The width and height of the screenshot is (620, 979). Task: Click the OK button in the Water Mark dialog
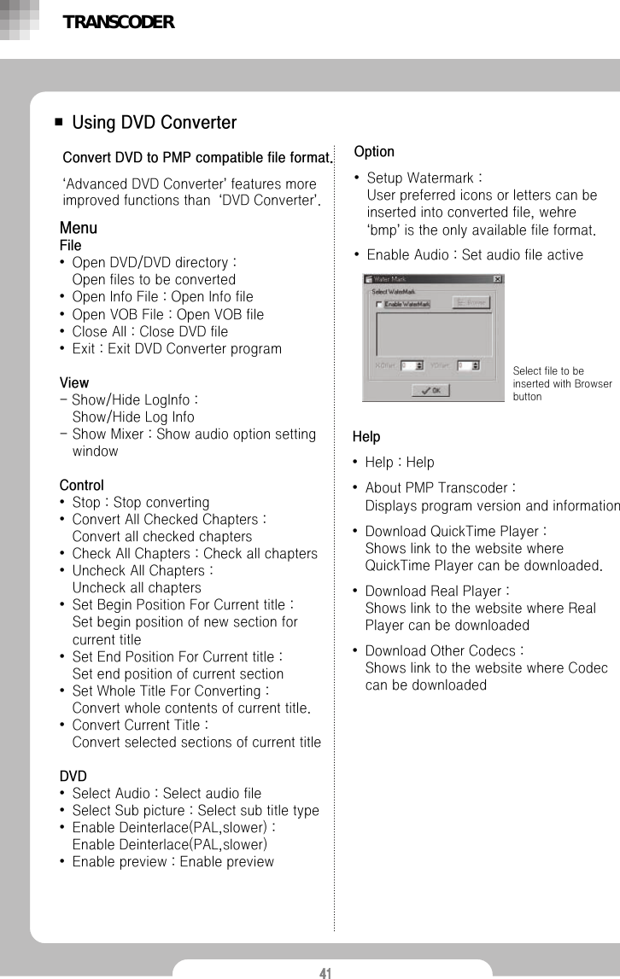[431, 390]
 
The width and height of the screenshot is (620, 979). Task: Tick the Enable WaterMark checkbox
[379, 303]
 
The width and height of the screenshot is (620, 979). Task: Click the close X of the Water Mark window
[497, 279]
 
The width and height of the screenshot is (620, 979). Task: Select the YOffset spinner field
[467, 365]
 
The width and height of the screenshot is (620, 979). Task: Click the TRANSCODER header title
[118, 23]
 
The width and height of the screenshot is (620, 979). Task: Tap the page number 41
[325, 972]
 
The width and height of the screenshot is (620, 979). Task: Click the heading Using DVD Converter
[154, 123]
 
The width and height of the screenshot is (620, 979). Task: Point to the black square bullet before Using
[58, 123]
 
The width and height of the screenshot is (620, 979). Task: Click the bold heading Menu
[78, 228]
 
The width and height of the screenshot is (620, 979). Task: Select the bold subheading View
[73, 382]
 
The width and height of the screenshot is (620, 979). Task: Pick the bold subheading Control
[81, 485]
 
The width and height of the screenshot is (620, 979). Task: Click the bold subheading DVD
[73, 776]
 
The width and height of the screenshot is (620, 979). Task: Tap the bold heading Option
[374, 152]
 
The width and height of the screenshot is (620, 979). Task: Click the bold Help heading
[366, 437]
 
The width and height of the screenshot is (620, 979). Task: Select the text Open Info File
[118, 297]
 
